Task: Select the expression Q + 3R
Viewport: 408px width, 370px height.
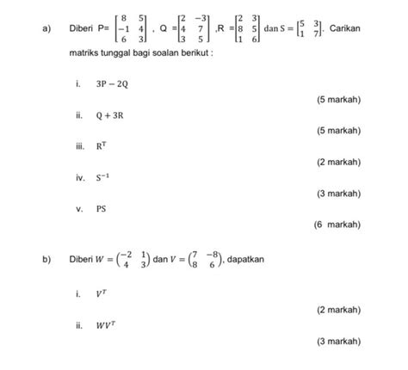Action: tap(109, 115)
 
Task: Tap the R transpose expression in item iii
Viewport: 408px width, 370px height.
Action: tap(102, 146)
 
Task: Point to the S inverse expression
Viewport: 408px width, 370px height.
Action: tap(102, 177)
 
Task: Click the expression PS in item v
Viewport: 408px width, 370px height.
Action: tap(101, 208)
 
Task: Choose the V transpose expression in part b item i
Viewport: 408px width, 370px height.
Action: tap(102, 293)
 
